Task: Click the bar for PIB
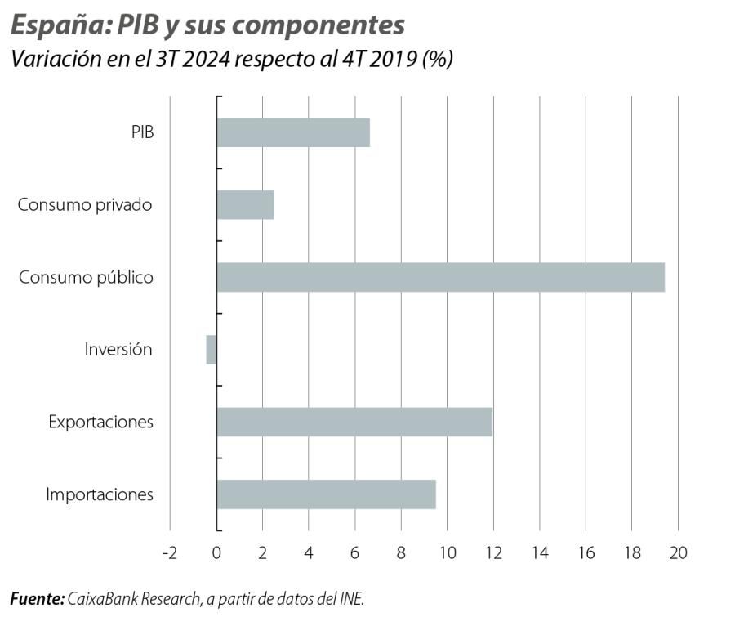pyautogui.click(x=293, y=132)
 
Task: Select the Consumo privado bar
pyautogui.click(x=245, y=204)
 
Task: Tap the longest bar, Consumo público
pyautogui.click(x=441, y=277)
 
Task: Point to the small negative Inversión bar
pyautogui.click(x=212, y=350)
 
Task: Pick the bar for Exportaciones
pyautogui.click(x=354, y=422)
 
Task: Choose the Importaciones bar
pyautogui.click(x=326, y=494)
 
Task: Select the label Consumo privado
pyautogui.click(x=85, y=204)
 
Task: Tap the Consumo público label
pyautogui.click(x=86, y=277)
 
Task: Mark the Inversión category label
pyautogui.click(x=118, y=350)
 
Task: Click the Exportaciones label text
pyautogui.click(x=100, y=422)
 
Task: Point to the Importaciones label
pyautogui.click(x=99, y=494)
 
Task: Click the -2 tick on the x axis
pyautogui.click(x=169, y=552)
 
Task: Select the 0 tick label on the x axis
pyautogui.click(x=216, y=552)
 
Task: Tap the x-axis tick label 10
pyautogui.click(x=447, y=552)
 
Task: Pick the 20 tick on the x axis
pyautogui.click(x=678, y=552)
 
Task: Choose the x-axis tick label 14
pyautogui.click(x=539, y=552)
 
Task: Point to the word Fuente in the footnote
pyautogui.click(x=37, y=599)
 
